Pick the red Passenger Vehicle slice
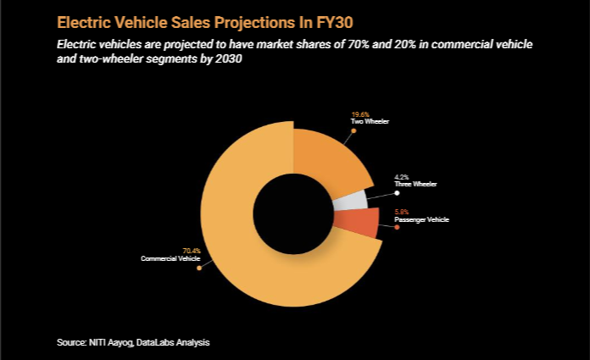[354, 224]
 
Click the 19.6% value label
[360, 114]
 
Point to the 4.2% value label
[402, 177]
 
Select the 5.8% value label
[402, 212]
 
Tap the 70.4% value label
[192, 251]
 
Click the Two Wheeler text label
[370, 122]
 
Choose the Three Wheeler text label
[415, 185]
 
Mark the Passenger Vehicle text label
[421, 219]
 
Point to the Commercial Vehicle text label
[170, 258]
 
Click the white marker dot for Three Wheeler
[397, 193]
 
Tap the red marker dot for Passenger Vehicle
[397, 228]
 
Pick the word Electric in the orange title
[86, 20]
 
